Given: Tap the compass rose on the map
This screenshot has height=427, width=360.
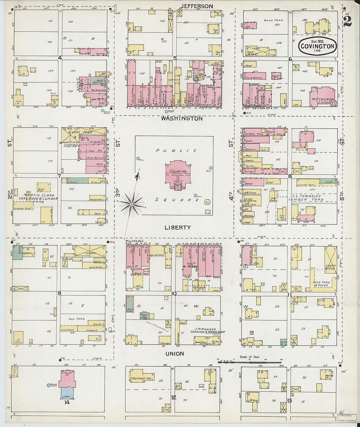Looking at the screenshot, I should pos(131,204).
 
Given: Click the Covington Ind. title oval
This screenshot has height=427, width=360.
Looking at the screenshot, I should pos(318,46).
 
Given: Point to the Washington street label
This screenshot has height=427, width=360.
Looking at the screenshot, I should pos(182,119).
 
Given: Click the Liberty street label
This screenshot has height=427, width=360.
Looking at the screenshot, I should pos(177,227).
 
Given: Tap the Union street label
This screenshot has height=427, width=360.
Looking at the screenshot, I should pos(174,354).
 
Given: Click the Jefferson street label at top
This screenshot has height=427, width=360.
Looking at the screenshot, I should pos(197,6).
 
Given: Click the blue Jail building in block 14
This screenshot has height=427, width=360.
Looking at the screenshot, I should pos(67,393).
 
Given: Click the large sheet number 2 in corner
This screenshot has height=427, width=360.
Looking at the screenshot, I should pos(348,21).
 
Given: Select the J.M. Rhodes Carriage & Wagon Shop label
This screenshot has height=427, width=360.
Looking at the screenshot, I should pos(208,331).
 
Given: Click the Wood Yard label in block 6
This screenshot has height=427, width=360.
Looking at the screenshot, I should pos(273,20).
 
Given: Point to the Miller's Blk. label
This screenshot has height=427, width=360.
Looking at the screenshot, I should pos(132,241).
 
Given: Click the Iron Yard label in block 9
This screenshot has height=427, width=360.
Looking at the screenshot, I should pos(76,319).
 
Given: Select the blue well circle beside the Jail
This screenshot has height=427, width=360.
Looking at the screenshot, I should pos(49,385).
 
